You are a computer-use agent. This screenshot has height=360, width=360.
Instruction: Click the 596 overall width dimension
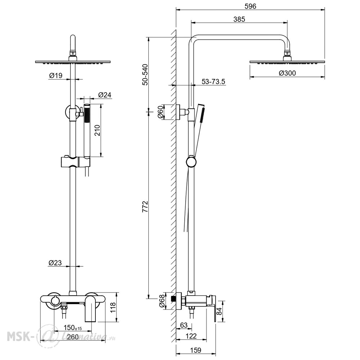pyautogui.click(x=250, y=6)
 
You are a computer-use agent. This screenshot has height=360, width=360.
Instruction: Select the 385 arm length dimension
pyautogui.click(x=239, y=19)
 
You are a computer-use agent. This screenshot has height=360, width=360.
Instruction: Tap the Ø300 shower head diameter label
pyautogui.click(x=287, y=73)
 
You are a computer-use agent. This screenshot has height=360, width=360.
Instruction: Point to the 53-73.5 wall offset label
pyautogui.click(x=213, y=81)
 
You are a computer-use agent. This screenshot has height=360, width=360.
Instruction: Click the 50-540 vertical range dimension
pyautogui.click(x=145, y=75)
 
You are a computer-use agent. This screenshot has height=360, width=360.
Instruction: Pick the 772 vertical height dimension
pyautogui.click(x=145, y=206)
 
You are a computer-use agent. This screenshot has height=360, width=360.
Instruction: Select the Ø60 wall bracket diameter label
pyautogui.click(x=161, y=112)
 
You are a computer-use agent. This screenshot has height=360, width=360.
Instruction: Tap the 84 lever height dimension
pyautogui.click(x=220, y=311)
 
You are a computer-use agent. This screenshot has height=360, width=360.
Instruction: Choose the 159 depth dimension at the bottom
pyautogui.click(x=195, y=350)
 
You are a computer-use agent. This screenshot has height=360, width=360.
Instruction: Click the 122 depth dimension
pyautogui.click(x=191, y=336)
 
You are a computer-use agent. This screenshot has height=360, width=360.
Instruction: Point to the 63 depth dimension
pyautogui.click(x=184, y=325)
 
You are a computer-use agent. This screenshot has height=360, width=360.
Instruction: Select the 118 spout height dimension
pyautogui.click(x=113, y=307)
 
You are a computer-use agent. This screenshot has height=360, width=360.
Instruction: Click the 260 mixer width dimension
pyautogui.click(x=73, y=337)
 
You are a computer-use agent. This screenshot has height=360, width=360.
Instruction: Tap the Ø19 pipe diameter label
pyautogui.click(x=56, y=75)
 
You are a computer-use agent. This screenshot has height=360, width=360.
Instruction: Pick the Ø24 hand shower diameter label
pyautogui.click(x=105, y=95)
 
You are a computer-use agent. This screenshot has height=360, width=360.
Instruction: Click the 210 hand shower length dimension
pyautogui.click(x=97, y=130)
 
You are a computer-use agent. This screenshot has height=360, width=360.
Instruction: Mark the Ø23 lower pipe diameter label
pyautogui.click(x=55, y=263)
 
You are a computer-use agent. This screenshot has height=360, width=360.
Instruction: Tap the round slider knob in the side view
pyautogui.click(x=191, y=162)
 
